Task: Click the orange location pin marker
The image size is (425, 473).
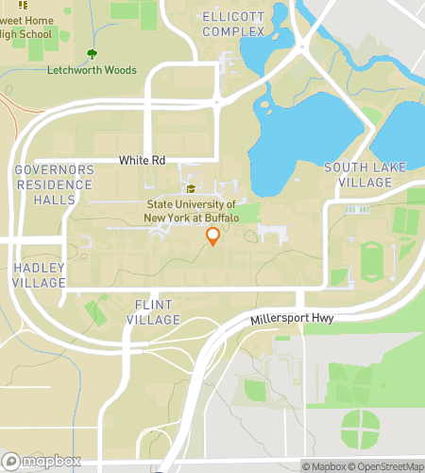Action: coord(212,236)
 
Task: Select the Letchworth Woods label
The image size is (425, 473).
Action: coord(93,70)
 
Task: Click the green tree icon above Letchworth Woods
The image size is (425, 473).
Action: coord(92,55)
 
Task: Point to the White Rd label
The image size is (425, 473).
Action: coord(143,161)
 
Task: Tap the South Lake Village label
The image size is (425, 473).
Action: coord(365,174)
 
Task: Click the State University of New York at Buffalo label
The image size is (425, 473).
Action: coord(191,211)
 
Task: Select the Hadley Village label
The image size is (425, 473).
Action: coord(40,275)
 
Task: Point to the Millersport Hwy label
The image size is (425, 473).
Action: coord(291,321)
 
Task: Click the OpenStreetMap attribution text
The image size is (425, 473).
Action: coord(384,465)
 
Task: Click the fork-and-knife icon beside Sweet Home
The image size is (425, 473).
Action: coord(22,6)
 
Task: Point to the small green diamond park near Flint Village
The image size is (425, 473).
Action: coord(95,311)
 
